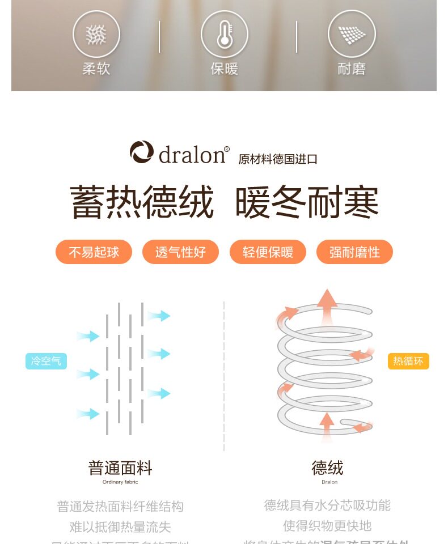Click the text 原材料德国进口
point(278,159)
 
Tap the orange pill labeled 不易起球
point(94,252)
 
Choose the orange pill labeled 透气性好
point(180,252)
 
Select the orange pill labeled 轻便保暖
point(268,252)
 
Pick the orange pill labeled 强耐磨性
point(354,252)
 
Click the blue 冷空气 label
point(46,361)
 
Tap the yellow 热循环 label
point(408,361)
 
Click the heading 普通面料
point(120,468)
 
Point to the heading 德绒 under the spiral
point(328,468)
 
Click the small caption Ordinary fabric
point(120,482)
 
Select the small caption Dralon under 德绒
point(329,482)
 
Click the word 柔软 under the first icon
point(96,69)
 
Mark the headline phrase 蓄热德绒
point(142,202)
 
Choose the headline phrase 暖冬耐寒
point(307,202)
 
